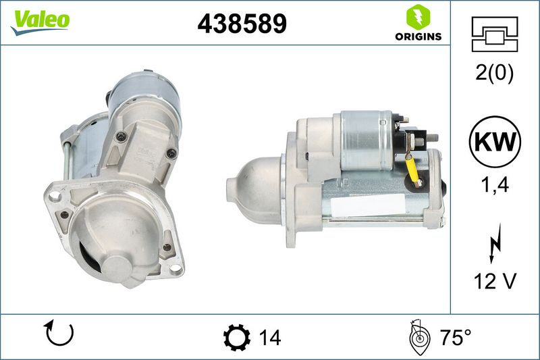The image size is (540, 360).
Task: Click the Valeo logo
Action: tap(40, 22)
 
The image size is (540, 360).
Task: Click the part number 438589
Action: tap(242, 24)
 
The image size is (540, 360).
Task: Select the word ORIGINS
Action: tap(418, 36)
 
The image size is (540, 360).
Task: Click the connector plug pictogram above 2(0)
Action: tap(495, 34)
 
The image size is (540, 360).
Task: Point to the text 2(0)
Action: tap(495, 73)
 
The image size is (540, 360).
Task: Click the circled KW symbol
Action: tap(495, 142)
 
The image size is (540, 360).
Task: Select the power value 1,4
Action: tap(495, 184)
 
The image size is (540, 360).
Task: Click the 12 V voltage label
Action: tap(495, 281)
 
